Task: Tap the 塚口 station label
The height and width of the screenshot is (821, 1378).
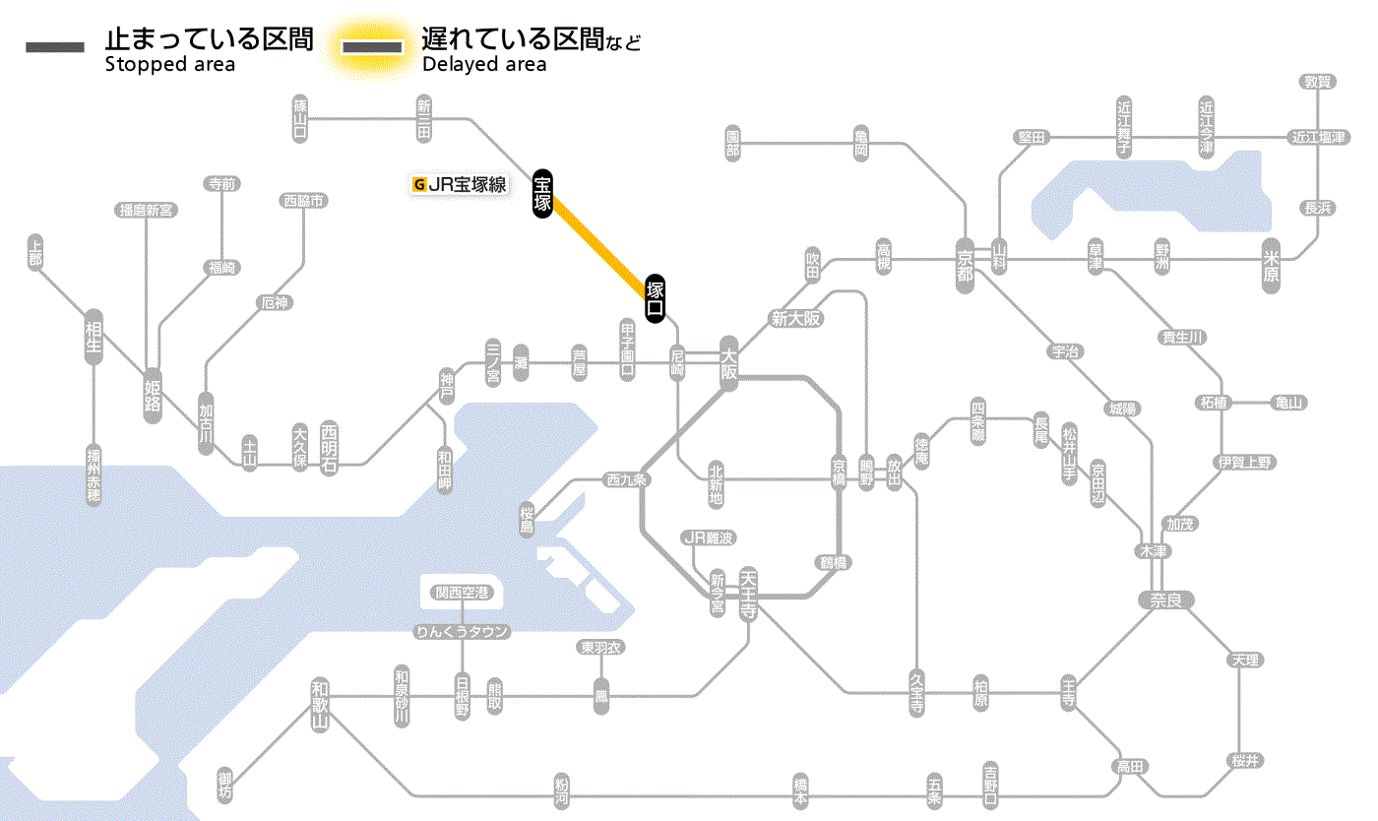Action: click(656, 298)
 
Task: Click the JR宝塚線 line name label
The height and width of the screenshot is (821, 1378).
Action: click(461, 184)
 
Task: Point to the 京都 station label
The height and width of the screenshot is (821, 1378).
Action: click(966, 261)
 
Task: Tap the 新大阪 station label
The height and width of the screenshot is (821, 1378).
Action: click(795, 318)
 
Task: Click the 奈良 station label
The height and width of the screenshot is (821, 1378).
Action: click(1164, 599)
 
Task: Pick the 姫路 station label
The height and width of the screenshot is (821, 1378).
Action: click(153, 396)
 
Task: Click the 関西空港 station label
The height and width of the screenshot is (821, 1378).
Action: click(462, 593)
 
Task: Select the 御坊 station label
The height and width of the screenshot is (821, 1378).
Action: click(226, 786)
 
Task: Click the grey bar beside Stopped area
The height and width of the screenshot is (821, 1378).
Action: click(55, 47)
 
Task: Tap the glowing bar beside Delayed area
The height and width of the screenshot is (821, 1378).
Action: click(371, 47)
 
